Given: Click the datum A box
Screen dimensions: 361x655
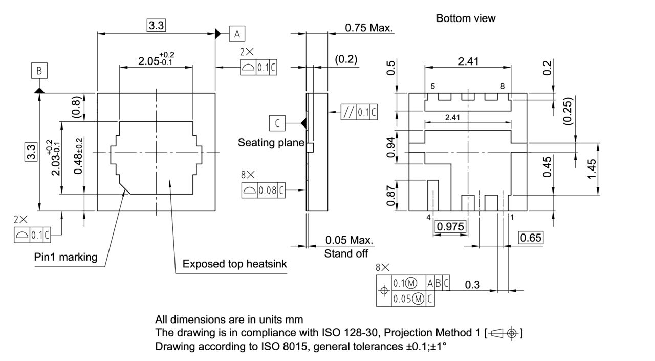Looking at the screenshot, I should pyautogui.click(x=236, y=34).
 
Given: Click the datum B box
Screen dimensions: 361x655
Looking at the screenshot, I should pyautogui.click(x=39, y=71).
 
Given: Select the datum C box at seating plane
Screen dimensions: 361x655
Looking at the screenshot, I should pyautogui.click(x=277, y=123).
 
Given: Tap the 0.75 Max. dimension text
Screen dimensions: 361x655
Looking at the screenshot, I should pyautogui.click(x=368, y=28).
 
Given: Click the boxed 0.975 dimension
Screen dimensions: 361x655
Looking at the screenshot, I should pyautogui.click(x=450, y=226).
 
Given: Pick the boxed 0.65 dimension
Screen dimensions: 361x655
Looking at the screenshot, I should pyautogui.click(x=530, y=238).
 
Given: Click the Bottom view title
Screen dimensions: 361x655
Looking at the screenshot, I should pyautogui.click(x=466, y=18).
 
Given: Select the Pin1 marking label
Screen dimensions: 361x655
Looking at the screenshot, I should pyautogui.click(x=65, y=257).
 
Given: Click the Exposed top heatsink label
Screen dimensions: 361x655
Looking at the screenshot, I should pyautogui.click(x=234, y=264).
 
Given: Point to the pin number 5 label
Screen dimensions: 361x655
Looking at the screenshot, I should pyautogui.click(x=433, y=87).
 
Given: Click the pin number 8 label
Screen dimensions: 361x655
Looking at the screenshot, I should pyautogui.click(x=503, y=87).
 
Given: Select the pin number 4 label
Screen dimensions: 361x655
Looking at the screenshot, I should pyautogui.click(x=428, y=217).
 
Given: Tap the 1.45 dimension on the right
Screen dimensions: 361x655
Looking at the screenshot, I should pyautogui.click(x=592, y=169).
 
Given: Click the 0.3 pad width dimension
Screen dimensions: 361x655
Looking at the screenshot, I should pyautogui.click(x=472, y=285).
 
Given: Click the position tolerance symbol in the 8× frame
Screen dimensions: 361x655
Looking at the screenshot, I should pyautogui.click(x=384, y=291).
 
